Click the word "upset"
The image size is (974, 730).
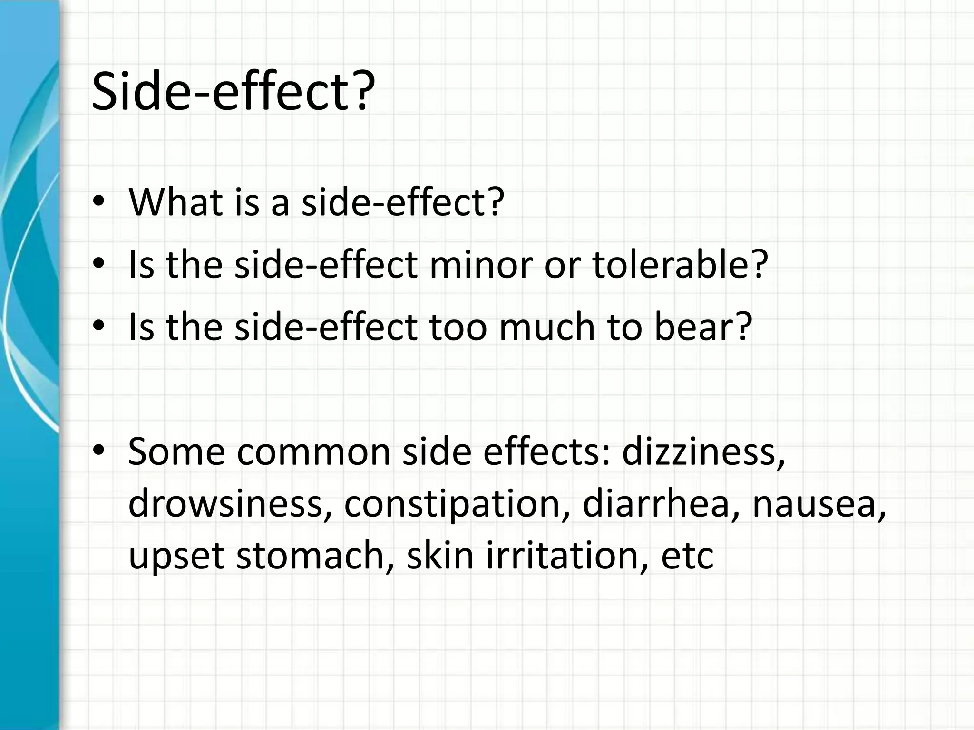pos(176,557)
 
